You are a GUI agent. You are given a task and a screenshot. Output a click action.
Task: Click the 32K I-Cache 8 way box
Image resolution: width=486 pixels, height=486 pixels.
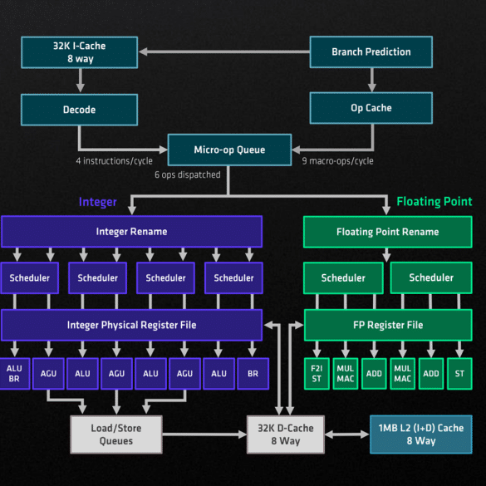click(80, 52)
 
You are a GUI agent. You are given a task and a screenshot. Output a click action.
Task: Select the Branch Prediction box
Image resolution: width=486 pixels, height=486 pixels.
click(371, 52)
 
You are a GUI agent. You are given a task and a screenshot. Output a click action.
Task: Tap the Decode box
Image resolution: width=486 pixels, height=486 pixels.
click(80, 110)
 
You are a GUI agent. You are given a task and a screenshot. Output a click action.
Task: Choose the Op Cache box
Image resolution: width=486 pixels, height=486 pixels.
click(371, 108)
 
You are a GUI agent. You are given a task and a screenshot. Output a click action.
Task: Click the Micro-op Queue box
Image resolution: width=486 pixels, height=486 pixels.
click(229, 150)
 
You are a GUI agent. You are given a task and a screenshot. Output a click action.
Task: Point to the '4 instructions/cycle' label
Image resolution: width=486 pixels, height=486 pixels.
click(114, 161)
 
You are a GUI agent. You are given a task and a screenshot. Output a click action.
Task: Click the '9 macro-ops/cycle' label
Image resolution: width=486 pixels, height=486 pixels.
click(337, 161)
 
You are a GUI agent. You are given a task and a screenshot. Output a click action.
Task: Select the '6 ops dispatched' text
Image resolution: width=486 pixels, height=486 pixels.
click(188, 174)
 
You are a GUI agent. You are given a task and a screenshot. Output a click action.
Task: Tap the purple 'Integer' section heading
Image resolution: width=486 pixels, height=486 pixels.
click(98, 202)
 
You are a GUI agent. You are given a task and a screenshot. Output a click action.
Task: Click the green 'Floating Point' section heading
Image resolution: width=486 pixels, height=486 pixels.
click(434, 202)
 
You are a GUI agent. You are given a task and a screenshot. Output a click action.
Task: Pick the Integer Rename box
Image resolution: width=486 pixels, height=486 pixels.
click(132, 232)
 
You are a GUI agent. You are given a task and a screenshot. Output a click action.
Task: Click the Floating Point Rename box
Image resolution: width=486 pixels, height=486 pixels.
click(388, 232)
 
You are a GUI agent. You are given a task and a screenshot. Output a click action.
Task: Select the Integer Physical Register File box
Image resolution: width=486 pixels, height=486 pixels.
click(132, 325)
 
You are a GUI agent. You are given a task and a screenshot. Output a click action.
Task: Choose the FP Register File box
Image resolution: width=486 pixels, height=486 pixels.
click(388, 325)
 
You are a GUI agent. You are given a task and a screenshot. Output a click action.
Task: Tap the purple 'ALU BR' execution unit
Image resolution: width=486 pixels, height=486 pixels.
click(14, 374)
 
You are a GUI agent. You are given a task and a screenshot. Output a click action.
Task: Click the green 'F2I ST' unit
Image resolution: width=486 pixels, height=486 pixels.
click(317, 374)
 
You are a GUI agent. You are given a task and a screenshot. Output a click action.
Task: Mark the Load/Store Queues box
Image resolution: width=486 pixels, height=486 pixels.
click(116, 434)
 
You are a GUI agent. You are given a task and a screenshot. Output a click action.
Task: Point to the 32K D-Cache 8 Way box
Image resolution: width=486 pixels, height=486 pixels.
click(286, 434)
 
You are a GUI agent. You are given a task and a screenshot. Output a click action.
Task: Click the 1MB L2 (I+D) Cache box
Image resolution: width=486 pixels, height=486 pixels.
click(421, 434)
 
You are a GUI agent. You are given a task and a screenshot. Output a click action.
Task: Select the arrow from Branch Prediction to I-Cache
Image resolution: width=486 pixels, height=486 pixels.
click(223, 52)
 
